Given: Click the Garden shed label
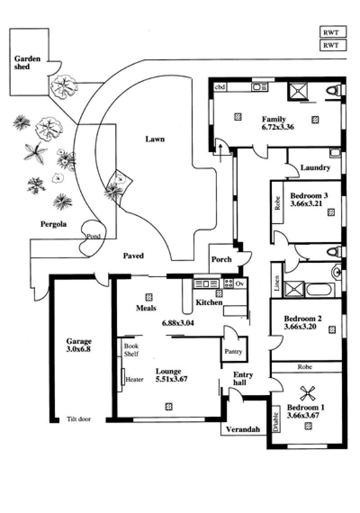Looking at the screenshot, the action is point(27,63).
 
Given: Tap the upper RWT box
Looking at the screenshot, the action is point(333,32).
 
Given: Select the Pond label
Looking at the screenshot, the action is point(93,236).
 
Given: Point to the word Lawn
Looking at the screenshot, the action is point(155,139).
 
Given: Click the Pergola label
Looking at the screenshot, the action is point(54,224).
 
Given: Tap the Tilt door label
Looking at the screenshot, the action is point(79,419).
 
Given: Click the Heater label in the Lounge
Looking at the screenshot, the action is point(134,379).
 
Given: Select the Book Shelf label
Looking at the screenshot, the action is point(131,350).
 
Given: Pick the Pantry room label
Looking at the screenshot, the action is point(233,352).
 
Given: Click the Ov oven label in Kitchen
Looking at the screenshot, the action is point(239,283).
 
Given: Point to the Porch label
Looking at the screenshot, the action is point(221,260).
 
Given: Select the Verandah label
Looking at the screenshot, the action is point(243,429).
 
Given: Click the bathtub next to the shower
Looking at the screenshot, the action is point(320,289).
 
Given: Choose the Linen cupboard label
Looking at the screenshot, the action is point(277,282).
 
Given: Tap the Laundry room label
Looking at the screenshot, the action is point(315,168).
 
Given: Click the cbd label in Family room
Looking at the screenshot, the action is point(220,87).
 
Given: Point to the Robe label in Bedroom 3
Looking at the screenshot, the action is point(278,203).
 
